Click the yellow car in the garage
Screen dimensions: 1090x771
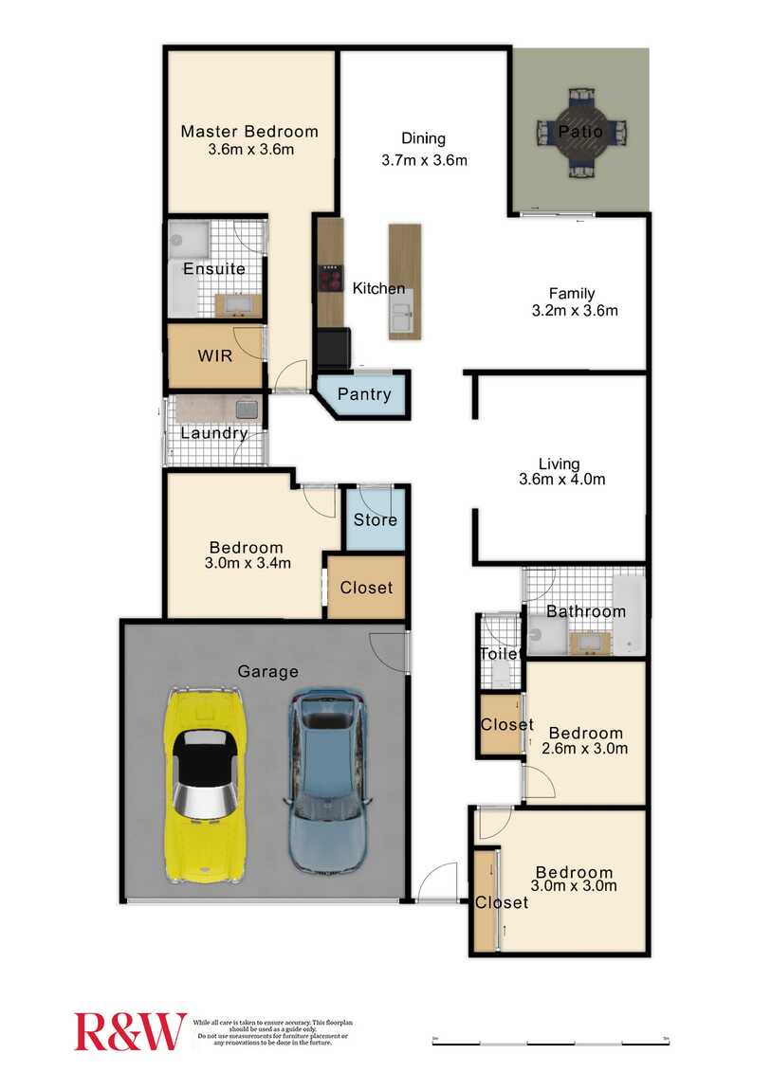[206, 785]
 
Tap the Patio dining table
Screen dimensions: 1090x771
[580, 132]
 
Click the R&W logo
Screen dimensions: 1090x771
[131, 1031]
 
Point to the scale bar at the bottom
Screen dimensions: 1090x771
[550, 1044]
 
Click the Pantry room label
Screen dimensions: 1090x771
[364, 394]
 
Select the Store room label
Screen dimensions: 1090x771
[376, 519]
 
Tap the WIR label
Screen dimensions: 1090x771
[215, 356]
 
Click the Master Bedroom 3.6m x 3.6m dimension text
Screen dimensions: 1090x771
[249, 150]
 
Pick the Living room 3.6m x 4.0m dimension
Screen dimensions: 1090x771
[561, 480]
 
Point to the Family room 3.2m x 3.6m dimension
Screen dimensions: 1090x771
[575, 310]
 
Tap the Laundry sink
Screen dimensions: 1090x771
[248, 409]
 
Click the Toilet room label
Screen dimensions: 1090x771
[499, 654]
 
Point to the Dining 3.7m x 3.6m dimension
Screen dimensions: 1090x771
[424, 160]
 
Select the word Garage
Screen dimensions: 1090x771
[267, 671]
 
